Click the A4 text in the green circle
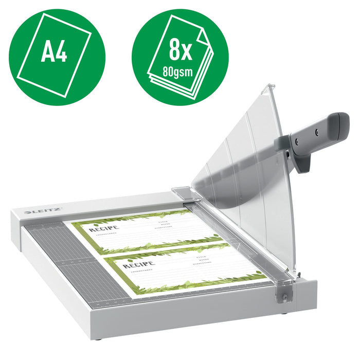coord(54,52)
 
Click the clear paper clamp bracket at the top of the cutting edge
coord(183,192)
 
